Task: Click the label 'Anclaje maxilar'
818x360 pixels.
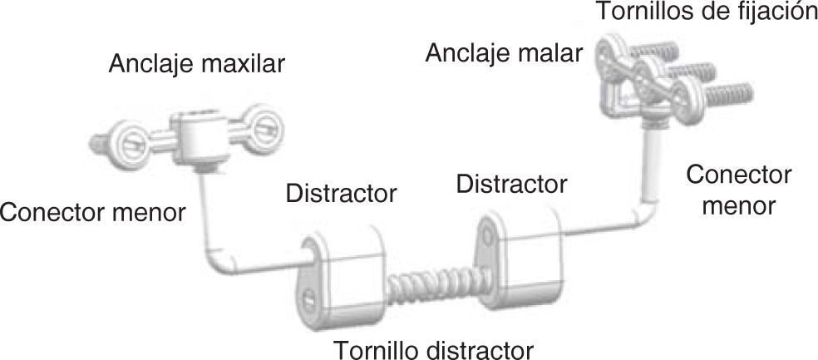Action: click(x=196, y=64)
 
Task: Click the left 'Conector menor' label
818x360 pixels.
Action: click(x=93, y=212)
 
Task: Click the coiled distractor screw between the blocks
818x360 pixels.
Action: click(x=430, y=287)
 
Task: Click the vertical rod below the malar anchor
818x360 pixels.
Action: click(x=652, y=166)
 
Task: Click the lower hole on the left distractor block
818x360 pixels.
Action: click(x=308, y=296)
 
